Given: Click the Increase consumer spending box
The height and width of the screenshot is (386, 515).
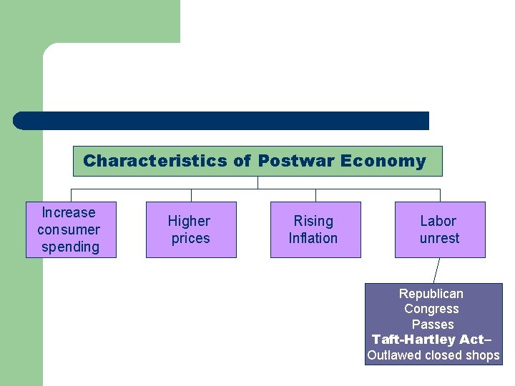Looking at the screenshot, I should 71,229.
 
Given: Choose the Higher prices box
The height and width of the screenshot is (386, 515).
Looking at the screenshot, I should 191,229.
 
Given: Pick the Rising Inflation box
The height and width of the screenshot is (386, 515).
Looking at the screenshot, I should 315,229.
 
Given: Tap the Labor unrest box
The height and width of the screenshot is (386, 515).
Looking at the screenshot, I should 440,229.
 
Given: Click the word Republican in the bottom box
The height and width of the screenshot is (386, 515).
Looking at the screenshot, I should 431,294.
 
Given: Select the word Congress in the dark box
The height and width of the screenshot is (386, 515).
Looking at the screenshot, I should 431,309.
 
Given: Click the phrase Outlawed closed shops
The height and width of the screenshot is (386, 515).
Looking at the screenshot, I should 433,355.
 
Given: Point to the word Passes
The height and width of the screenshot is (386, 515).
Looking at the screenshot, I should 433,324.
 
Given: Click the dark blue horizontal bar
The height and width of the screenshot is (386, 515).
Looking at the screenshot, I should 222,121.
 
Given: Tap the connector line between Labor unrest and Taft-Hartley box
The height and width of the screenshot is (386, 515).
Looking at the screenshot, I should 436,271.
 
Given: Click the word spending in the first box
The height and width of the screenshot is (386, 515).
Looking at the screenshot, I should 70,247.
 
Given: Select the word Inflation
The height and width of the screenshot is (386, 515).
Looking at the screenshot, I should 313,238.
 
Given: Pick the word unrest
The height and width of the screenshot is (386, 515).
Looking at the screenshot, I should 439,238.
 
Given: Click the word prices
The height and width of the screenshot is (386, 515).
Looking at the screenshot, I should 190,238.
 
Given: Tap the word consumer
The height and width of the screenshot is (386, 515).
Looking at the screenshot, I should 69,229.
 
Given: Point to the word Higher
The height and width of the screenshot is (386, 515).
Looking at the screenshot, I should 189,221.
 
